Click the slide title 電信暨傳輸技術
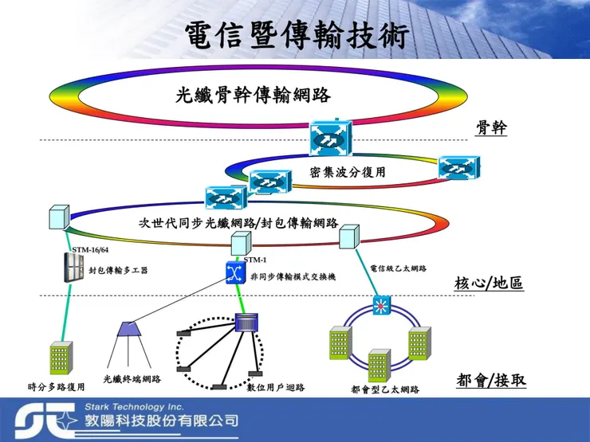tap(296, 35)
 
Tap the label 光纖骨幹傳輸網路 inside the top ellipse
tap(253, 96)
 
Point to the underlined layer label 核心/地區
tap(489, 283)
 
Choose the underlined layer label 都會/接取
tap(491, 380)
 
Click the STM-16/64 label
tap(90, 250)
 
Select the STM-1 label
tap(255, 260)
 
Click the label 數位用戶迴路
tap(276, 388)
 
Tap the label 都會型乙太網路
tap(385, 389)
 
